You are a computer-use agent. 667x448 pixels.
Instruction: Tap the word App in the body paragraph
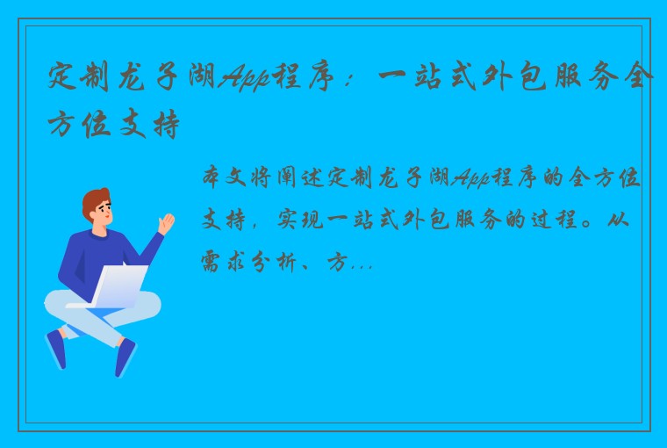click(x=473, y=180)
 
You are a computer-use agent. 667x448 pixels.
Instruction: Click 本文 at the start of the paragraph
click(x=227, y=180)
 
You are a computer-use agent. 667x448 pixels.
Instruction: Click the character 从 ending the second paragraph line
click(x=633, y=220)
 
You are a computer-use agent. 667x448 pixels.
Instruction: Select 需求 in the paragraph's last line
click(x=227, y=260)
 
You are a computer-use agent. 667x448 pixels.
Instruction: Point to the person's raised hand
click(x=165, y=220)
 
